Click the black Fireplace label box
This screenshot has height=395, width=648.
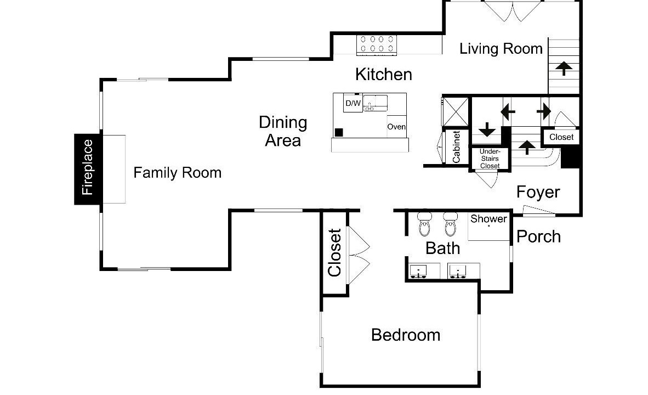[x=88, y=169]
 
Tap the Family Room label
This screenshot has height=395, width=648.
[x=177, y=172]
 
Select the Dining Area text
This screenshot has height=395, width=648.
[x=283, y=131]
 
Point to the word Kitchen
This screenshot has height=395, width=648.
[x=384, y=75]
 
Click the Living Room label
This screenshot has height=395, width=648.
[x=501, y=49]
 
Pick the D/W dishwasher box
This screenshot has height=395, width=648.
[x=353, y=103]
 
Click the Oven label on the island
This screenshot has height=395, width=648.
[x=396, y=127]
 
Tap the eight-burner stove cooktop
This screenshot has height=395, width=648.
[x=377, y=44]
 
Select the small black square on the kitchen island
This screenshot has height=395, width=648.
[x=339, y=132]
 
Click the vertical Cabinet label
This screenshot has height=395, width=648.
[x=456, y=147]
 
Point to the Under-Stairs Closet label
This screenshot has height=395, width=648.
[x=490, y=159]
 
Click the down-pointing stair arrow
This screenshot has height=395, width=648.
[x=487, y=129]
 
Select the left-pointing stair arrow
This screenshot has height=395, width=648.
[x=508, y=112]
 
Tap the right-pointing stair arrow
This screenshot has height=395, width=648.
[x=544, y=111]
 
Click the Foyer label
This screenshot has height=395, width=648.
[x=538, y=192]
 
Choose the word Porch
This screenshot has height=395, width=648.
[x=538, y=236]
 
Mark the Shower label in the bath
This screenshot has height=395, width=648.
[x=488, y=219]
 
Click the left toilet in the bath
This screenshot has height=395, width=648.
[x=424, y=224]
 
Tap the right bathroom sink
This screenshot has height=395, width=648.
[x=458, y=272]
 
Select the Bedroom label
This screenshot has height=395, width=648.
[x=406, y=335]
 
